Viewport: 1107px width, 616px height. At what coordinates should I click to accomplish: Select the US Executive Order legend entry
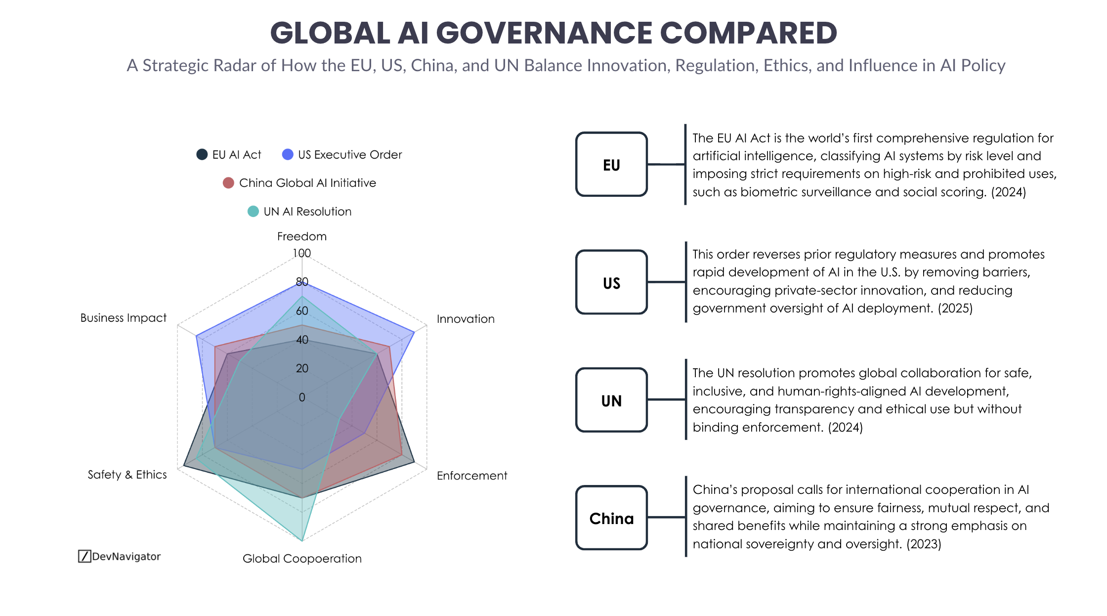(342, 155)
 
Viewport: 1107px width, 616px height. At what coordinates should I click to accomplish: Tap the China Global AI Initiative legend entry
(299, 183)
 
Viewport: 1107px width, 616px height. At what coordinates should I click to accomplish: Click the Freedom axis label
(301, 236)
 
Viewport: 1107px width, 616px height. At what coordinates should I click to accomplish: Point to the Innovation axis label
(466, 319)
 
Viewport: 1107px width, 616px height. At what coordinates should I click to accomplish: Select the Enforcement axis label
(472, 476)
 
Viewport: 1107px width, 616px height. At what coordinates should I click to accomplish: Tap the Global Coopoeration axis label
(302, 559)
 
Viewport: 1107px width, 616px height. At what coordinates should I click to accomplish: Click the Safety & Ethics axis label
(127, 475)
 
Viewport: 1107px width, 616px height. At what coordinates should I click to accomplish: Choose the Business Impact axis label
(124, 318)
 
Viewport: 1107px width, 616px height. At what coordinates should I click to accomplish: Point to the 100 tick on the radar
(301, 253)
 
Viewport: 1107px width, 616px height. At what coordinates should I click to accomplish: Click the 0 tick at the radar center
(302, 397)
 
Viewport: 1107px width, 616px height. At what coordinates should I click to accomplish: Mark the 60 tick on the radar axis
(302, 311)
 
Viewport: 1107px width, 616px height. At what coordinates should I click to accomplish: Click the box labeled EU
(611, 165)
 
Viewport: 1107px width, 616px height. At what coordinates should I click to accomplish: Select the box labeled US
(611, 282)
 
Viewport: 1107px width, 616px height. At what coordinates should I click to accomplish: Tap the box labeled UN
(611, 400)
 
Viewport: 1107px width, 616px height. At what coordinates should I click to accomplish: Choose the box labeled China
(611, 518)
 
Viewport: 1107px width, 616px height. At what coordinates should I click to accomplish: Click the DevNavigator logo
(120, 556)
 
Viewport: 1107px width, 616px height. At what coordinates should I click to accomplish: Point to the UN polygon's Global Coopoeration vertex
(302, 541)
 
